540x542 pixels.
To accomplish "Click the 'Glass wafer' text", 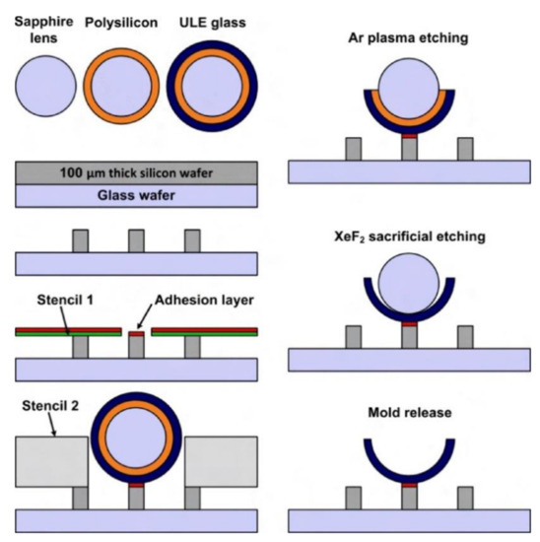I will [136, 196].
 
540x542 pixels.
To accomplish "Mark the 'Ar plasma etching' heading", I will [406, 38].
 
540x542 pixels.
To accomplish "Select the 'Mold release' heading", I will [406, 414].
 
